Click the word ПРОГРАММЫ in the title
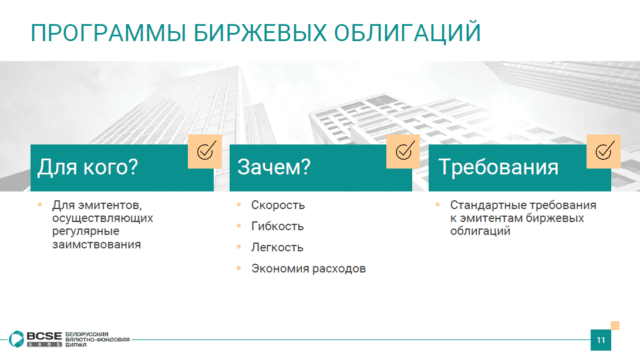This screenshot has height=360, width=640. tap(108, 33)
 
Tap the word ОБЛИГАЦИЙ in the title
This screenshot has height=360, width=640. tap(407, 33)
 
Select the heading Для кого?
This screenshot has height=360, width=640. tap(88, 167)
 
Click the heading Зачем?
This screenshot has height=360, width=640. tap(274, 167)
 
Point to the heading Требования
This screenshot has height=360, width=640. tap(498, 167)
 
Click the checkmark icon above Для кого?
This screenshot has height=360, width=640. tap(205, 151)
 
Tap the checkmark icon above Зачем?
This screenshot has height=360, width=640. tap(403, 151)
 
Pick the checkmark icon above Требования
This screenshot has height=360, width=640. tap(603, 151)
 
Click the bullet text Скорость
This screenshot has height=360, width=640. tap(278, 205)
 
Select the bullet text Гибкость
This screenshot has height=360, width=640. tap(278, 226)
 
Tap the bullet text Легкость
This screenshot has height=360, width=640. tap(277, 247)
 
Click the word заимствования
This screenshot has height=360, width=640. tap(97, 244)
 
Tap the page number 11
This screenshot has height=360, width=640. tap(601, 340)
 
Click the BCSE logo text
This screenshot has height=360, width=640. tap(44, 336)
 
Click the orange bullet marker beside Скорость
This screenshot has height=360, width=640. tap(239, 204)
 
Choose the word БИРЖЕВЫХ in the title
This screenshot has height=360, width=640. tap(260, 33)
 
